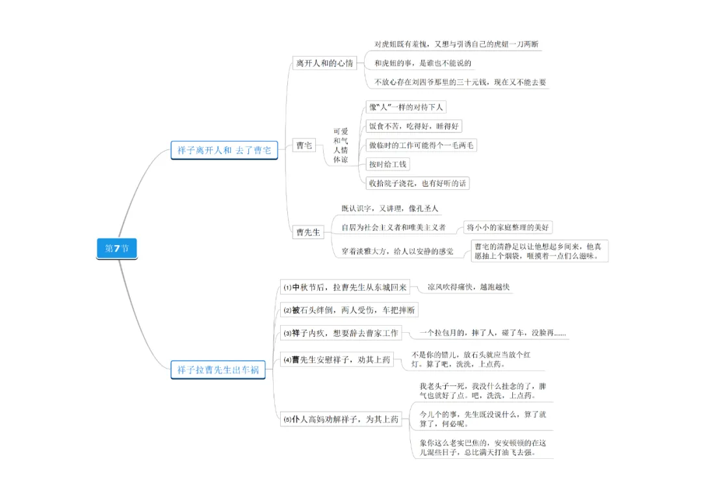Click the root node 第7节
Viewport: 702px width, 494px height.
(x=117, y=248)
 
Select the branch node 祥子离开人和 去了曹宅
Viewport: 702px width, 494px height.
(x=224, y=150)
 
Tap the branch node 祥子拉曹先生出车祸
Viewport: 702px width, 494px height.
(x=218, y=370)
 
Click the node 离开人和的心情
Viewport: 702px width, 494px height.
(x=324, y=63)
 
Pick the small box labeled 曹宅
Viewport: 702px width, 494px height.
(x=304, y=146)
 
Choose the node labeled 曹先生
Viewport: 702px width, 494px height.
(x=308, y=232)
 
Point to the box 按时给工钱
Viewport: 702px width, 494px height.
(x=388, y=164)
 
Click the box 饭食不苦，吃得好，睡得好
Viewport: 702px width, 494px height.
(x=415, y=126)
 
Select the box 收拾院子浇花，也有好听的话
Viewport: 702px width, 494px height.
(x=417, y=183)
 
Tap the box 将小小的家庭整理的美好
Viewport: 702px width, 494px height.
(x=508, y=227)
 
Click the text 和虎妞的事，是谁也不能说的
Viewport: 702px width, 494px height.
(x=422, y=64)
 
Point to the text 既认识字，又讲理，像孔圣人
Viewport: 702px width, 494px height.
(x=390, y=209)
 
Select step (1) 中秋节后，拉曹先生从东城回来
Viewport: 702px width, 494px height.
(x=344, y=287)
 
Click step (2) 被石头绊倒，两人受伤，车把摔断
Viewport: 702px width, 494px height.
(x=349, y=310)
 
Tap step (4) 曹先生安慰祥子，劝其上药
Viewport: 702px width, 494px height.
(x=337, y=359)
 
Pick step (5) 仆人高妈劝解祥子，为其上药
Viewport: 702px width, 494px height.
(x=341, y=419)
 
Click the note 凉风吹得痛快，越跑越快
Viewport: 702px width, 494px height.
(x=468, y=287)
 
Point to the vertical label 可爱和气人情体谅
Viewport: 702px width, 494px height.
(x=341, y=146)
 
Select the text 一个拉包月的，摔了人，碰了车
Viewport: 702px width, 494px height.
(x=493, y=333)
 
